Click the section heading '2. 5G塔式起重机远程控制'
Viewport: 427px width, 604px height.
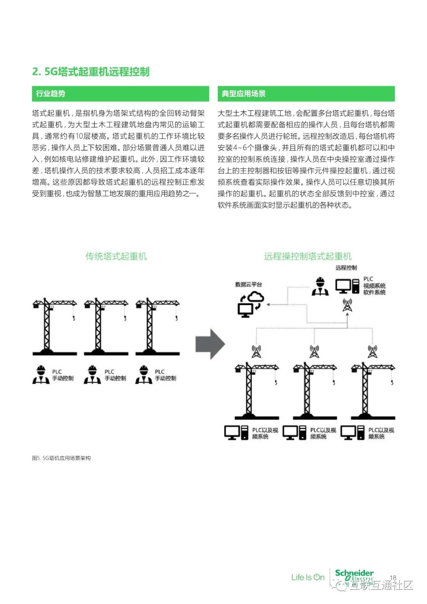(91, 72)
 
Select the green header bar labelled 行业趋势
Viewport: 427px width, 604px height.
(120, 94)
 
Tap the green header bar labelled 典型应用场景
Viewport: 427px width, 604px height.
(306, 94)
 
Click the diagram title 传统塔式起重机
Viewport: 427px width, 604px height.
(116, 256)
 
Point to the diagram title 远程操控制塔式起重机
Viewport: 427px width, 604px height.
(308, 256)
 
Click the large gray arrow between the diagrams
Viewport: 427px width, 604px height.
(210, 344)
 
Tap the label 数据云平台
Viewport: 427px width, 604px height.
(248, 285)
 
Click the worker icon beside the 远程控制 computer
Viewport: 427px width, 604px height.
(320, 286)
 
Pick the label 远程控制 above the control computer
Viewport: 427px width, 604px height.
(346, 268)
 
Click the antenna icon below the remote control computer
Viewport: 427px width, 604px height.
(347, 305)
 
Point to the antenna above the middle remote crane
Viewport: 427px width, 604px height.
(314, 351)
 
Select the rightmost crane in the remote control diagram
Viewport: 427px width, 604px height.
(372, 391)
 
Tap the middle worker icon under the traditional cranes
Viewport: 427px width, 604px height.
(92, 374)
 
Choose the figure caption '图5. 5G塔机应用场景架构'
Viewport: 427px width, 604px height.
(61, 458)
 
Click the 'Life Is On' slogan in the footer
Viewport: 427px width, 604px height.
(308, 577)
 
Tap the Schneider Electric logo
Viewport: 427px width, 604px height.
(354, 575)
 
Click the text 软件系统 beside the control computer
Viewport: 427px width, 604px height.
(374, 293)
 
